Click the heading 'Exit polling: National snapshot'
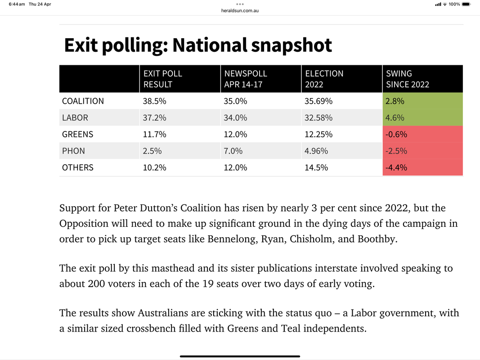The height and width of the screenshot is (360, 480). [198, 45]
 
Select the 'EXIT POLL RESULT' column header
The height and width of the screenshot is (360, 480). [163, 79]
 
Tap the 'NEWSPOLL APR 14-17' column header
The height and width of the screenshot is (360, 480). [245, 79]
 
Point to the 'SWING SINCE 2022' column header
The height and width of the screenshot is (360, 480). [408, 79]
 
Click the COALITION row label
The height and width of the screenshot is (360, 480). [83, 101]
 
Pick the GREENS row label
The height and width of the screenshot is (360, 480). [78, 134]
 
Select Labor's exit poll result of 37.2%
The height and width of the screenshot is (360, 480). [154, 118]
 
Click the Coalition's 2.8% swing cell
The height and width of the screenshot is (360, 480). [395, 101]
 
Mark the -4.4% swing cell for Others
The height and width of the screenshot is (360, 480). [396, 167]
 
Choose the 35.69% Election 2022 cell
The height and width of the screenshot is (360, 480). [319, 101]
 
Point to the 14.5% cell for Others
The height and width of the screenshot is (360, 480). [316, 167]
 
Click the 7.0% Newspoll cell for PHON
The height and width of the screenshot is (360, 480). [233, 151]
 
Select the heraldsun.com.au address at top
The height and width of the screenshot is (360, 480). [240, 10]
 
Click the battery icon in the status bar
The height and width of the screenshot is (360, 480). [466, 4]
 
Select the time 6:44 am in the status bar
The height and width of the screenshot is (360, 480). [17, 4]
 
